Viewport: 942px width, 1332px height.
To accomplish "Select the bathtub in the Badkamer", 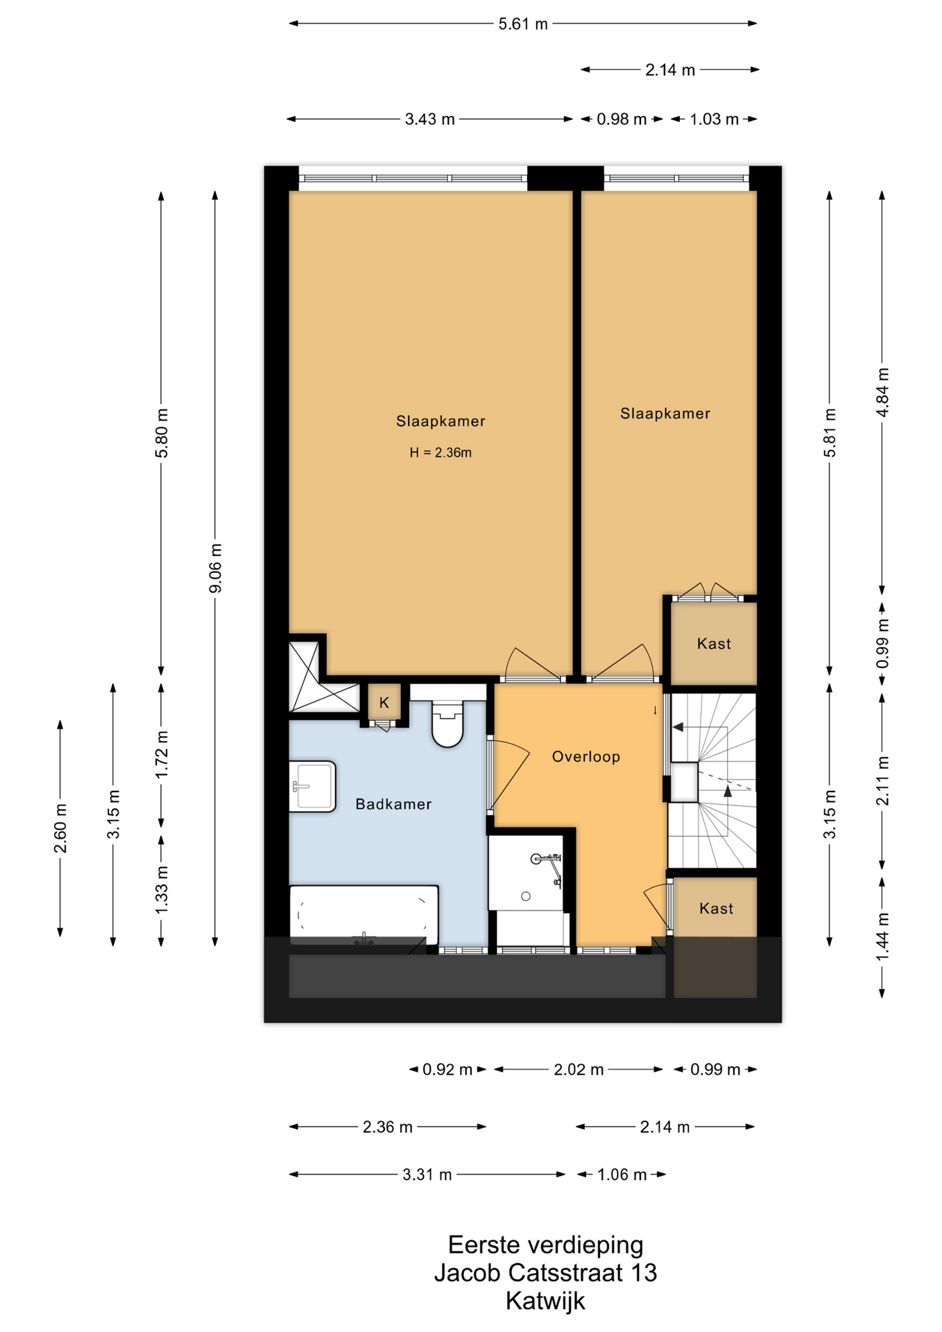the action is [x=363, y=914].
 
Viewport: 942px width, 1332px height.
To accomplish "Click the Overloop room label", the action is [x=586, y=757].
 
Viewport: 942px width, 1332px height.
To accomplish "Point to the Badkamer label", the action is [x=393, y=804].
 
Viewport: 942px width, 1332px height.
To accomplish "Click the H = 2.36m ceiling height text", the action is [x=440, y=453].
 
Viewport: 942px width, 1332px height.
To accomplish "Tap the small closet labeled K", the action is [x=384, y=703].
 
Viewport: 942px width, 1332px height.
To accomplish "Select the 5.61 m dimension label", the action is [x=523, y=24].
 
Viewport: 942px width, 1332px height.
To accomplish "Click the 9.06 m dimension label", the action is [x=216, y=568].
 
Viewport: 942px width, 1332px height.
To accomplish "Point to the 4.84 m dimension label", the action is [x=882, y=392].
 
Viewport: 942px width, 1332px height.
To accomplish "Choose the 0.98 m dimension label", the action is [x=622, y=119].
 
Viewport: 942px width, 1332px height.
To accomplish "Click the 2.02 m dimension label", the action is [x=579, y=1070].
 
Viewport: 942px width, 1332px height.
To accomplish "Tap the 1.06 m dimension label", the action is [x=622, y=1175].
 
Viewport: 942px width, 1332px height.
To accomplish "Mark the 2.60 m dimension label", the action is [x=60, y=828].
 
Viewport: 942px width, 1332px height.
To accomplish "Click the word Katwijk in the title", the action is [x=545, y=1301].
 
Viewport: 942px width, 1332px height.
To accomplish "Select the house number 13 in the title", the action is [x=644, y=1272].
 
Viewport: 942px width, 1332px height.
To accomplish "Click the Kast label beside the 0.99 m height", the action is [x=714, y=644].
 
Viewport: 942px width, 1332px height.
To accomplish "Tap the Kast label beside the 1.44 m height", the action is [x=716, y=909].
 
